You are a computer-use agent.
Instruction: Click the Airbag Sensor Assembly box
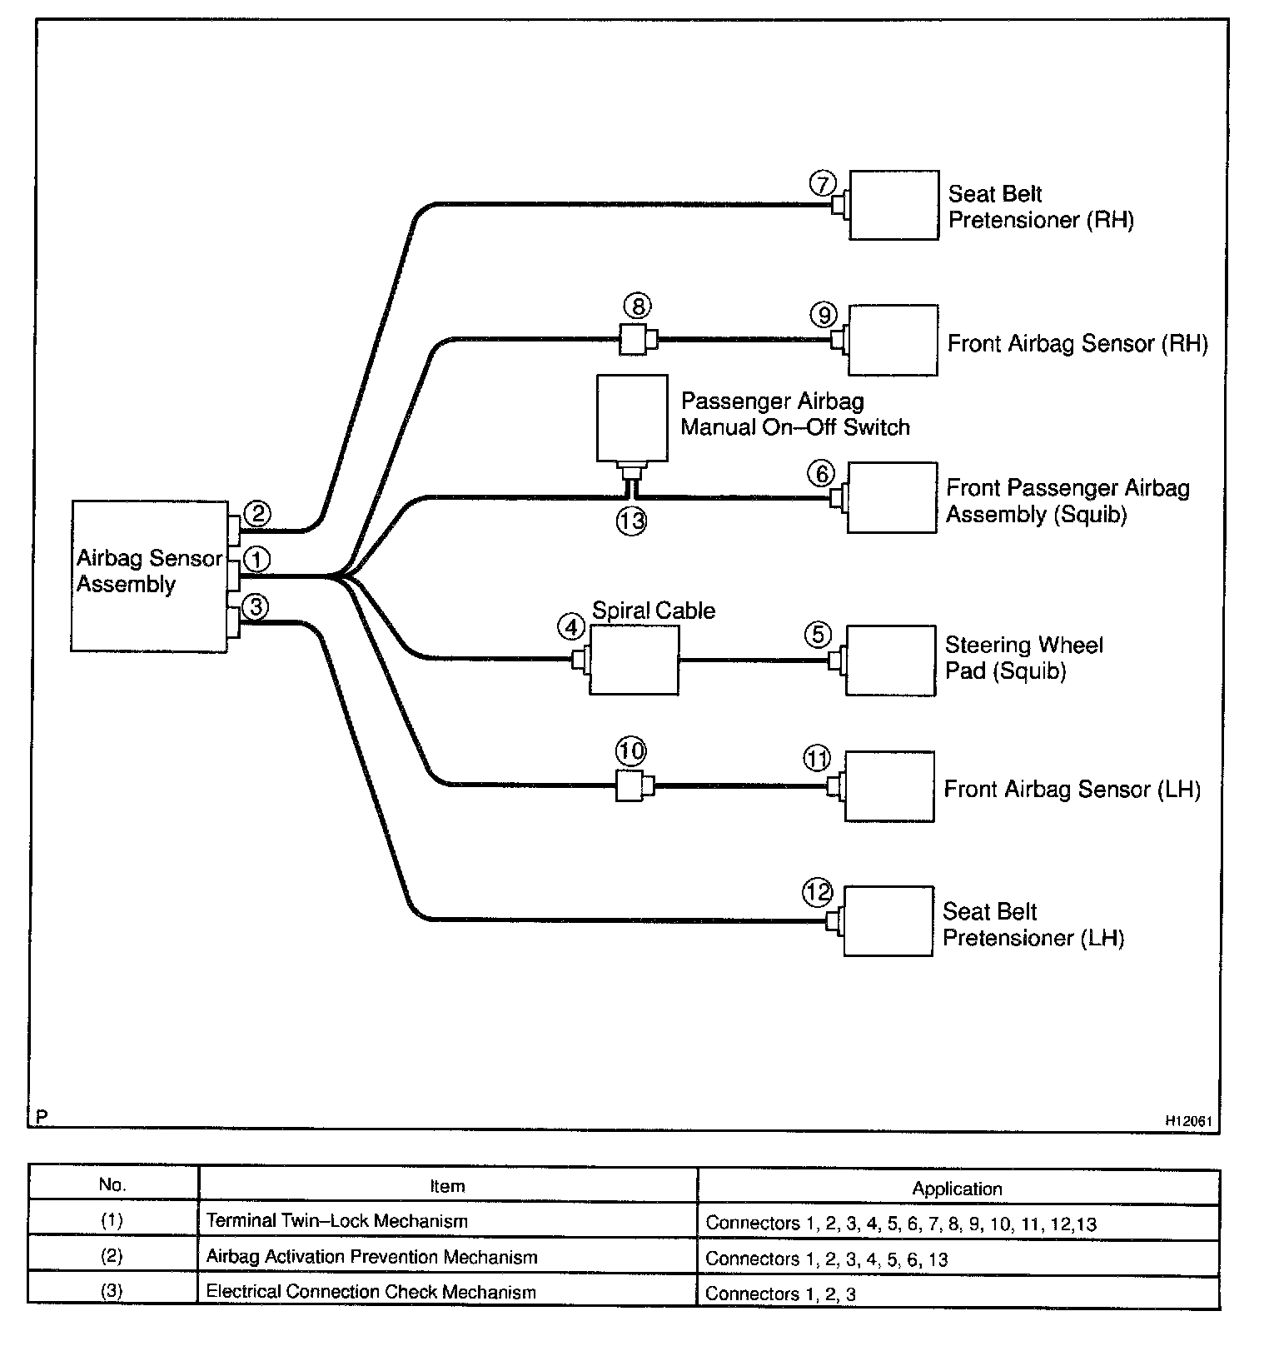coord(149,576)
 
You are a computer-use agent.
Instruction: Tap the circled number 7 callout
coord(823,183)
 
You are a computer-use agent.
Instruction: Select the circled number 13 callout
coord(632,521)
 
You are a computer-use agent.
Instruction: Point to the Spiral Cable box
coord(634,659)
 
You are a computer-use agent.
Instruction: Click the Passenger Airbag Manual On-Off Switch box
coord(632,417)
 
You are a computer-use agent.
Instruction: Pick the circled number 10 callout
coord(630,751)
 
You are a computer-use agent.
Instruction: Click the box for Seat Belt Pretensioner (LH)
coord(888,920)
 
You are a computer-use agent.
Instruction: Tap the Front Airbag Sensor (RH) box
coord(893,340)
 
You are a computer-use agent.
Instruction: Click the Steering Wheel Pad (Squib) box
coord(890,659)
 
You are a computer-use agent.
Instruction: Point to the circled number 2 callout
coord(258,513)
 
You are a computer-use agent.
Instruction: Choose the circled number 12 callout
coord(818,893)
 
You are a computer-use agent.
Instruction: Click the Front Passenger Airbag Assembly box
coord(892,497)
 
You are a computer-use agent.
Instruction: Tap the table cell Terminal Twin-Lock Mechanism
coord(337,1221)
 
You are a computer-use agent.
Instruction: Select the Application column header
coord(957,1189)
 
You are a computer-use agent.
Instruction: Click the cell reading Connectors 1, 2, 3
coord(780,1294)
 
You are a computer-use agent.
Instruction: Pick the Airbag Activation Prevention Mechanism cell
coord(371,1257)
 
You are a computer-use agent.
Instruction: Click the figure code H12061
coord(1188,1121)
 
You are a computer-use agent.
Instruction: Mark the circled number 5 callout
coord(818,635)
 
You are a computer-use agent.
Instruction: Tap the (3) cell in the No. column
coord(112,1292)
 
